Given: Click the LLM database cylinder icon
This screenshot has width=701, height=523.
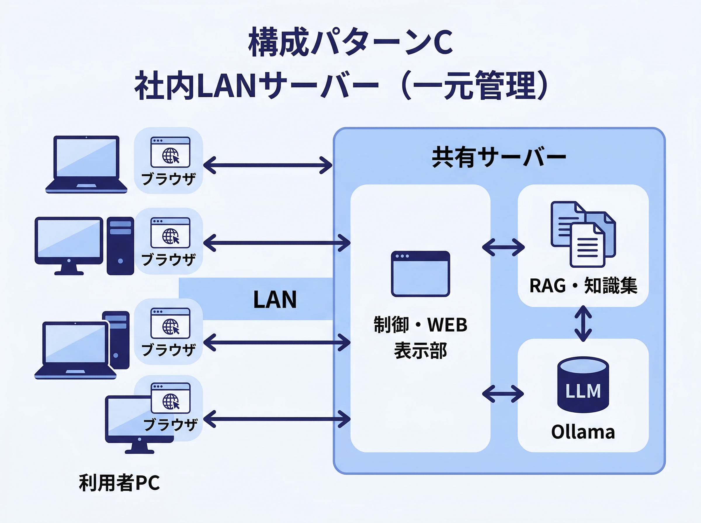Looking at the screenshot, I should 583,385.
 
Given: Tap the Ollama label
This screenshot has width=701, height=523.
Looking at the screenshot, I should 583,432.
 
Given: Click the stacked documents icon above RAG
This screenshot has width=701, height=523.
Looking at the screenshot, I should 583,234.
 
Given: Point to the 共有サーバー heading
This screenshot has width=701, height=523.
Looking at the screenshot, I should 499,157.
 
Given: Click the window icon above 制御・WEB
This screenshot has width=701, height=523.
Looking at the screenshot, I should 420,274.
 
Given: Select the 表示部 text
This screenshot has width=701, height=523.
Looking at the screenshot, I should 420,351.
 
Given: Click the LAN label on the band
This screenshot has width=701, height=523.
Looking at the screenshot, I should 275,299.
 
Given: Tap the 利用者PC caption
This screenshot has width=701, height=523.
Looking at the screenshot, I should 119,483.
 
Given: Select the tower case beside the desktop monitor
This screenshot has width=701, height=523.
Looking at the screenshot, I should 120,246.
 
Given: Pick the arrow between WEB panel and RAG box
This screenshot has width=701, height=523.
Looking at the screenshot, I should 503,247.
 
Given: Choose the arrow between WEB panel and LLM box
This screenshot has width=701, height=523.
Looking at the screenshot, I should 503,394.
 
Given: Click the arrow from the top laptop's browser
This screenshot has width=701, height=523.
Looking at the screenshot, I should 268,165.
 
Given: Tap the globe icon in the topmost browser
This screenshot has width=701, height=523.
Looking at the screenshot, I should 170,156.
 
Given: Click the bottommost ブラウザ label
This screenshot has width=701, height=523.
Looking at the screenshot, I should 170,425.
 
